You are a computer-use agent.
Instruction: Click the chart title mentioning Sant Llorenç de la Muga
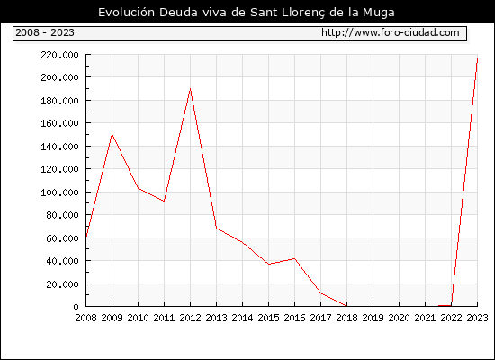[247, 13]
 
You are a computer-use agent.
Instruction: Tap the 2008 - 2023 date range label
[45, 32]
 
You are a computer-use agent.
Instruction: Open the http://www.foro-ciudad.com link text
[391, 32]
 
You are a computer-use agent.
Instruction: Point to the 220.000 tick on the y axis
[59, 55]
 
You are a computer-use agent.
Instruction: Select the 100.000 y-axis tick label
[59, 193]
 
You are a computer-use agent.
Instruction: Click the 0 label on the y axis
[76, 307]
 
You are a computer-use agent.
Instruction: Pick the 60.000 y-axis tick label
[62, 238]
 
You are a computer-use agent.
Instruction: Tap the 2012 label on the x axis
[191, 318]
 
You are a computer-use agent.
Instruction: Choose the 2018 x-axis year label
[346, 318]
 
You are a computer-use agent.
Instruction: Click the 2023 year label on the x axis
[477, 318]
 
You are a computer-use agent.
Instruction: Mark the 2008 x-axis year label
[85, 318]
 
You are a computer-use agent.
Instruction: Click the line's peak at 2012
[191, 89]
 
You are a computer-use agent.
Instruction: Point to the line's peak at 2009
[112, 134]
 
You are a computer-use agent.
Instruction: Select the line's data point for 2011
[164, 202]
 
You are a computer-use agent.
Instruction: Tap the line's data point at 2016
[294, 258]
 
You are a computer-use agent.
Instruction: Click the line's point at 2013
[217, 228]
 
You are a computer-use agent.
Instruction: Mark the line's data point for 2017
[320, 293]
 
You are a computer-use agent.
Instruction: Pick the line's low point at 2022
[452, 305]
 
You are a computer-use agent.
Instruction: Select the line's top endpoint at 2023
[477, 58]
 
